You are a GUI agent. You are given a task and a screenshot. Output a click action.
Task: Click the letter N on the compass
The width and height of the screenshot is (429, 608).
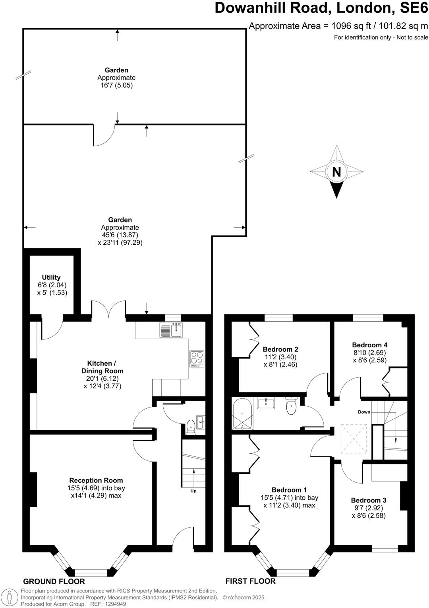pos(336,172)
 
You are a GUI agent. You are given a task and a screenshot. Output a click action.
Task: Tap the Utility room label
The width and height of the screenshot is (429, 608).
pos(51,277)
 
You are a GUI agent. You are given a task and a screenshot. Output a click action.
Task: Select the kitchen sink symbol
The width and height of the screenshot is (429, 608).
pos(171,330)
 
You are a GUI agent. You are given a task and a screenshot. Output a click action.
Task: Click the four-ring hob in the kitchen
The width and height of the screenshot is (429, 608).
pos(197,359)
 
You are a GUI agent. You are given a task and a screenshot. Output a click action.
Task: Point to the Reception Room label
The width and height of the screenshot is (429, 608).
pos(96,480)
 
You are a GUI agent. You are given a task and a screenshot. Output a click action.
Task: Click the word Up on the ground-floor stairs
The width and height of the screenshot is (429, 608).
pos(193,491)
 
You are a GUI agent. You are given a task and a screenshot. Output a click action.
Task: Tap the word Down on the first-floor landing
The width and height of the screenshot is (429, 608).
pos(364,412)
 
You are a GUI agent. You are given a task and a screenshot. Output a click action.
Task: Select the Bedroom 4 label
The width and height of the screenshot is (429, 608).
pos(369,345)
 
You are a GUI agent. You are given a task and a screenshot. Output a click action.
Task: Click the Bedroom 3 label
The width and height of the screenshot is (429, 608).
pos(368,500)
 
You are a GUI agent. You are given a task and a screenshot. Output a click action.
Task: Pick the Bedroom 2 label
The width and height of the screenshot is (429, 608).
pos(280,349)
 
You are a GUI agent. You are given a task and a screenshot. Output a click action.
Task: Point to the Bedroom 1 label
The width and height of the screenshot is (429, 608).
pos(289,490)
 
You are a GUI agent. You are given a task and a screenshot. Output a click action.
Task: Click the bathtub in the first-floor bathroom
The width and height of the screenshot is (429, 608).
pos(243,414)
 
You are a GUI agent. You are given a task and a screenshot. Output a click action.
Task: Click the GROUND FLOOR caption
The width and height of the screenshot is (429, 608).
pos(54,581)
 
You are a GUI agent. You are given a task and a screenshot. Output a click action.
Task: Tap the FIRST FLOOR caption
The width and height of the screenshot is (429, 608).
pos(250,581)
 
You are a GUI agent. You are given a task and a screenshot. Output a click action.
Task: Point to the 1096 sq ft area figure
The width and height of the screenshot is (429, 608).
pos(351,26)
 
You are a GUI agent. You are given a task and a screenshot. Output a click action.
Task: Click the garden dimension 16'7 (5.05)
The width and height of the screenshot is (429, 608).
pos(116,85)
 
